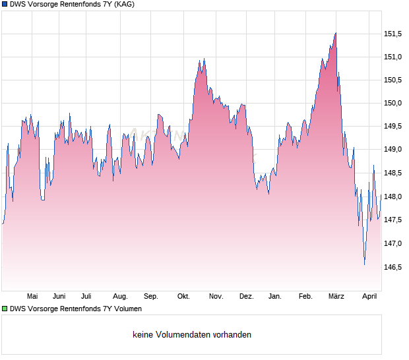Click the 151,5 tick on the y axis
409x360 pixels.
[x=393, y=34]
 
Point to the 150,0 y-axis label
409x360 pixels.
[x=393, y=103]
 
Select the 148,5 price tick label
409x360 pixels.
[x=393, y=173]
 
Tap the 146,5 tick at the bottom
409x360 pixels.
[x=393, y=267]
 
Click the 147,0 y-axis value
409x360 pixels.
[x=393, y=244]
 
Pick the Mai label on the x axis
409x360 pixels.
[x=32, y=296]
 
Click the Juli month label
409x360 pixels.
[x=86, y=296]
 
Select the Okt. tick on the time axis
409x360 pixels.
[x=183, y=296]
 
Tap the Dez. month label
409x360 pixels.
[x=246, y=296]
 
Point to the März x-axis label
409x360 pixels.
[x=336, y=296]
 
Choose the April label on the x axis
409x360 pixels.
[x=369, y=296]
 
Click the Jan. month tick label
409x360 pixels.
[x=275, y=296]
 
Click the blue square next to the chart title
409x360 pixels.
[x=5, y=5]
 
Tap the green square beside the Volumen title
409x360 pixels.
[x=5, y=309]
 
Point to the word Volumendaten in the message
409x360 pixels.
[x=181, y=335]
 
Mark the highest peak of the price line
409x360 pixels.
[x=336, y=32]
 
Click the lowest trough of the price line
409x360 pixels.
[x=364, y=264]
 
